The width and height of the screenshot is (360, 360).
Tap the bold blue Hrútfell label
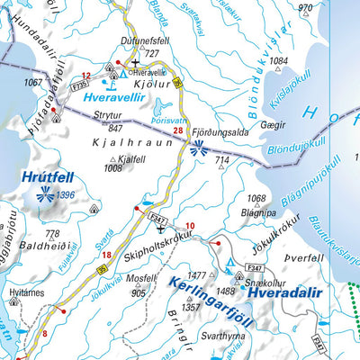pos(42,178)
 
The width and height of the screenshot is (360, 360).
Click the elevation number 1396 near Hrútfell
pos(64,195)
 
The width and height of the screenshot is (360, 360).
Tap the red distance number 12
pos(86,76)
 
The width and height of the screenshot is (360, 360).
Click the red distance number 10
pos(190,225)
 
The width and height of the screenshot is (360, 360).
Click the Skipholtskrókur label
pos(160,242)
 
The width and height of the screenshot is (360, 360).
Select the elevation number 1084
pos(279,61)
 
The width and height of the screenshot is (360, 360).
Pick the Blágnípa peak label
pos(258,213)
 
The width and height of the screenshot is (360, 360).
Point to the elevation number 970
pos(305,8)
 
